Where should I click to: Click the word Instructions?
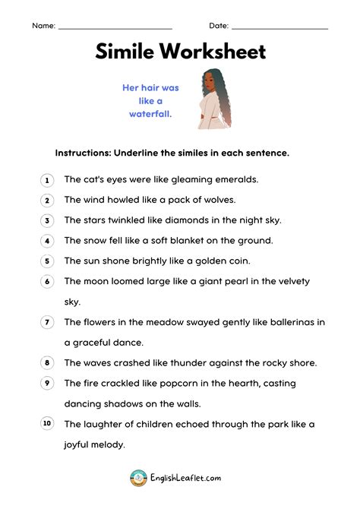[x=82, y=153]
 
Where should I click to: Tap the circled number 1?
[x=47, y=180]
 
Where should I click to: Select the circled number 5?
[x=47, y=261]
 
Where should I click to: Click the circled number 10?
[x=47, y=424]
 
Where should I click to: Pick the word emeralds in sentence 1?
[x=233, y=180]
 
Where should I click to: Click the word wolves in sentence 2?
[x=217, y=200]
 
